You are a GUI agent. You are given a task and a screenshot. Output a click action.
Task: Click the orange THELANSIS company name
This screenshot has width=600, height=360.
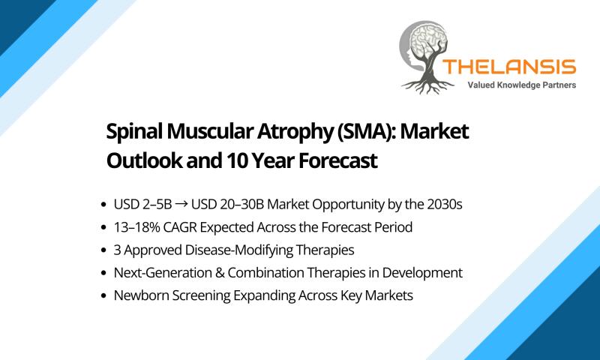coord(509,67)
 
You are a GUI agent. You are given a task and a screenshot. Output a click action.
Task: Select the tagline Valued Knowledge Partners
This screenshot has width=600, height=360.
coord(521,85)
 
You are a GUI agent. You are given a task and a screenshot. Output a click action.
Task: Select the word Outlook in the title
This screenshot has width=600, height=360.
coord(144,160)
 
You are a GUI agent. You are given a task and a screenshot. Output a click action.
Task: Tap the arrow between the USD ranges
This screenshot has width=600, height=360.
coord(181,205)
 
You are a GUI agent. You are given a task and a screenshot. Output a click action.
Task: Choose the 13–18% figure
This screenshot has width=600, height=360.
coord(136,227)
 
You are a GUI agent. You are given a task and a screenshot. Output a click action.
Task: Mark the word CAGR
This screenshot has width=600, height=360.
coord(180,227)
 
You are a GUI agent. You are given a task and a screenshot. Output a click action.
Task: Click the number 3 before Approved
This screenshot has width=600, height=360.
coord(117,250)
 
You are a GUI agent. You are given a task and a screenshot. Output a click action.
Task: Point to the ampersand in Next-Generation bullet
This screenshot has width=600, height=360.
coord(219,273)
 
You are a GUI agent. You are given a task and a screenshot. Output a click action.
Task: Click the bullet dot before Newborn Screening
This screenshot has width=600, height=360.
coord(103,296)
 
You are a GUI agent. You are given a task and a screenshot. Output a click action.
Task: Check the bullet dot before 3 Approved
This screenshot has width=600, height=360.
coord(103,250)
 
